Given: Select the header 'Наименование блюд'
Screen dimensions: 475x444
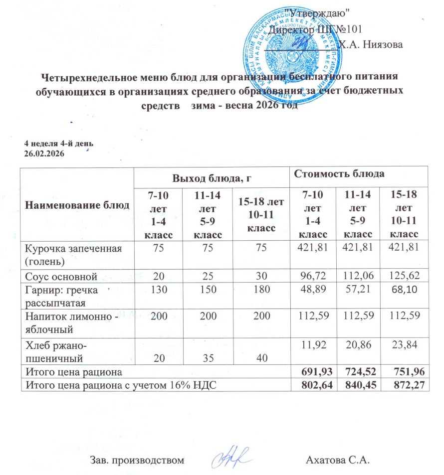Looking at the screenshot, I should [x=77, y=204].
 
